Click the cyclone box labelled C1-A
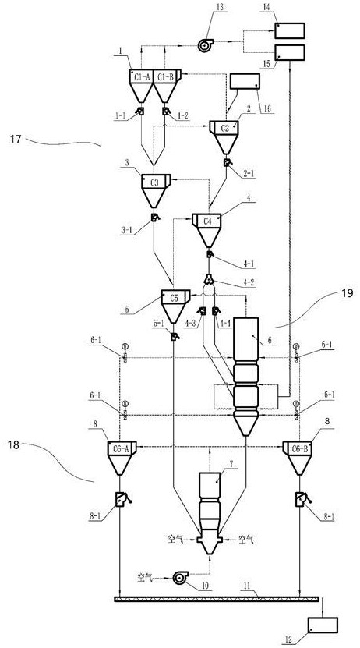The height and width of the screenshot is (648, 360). point(141,76)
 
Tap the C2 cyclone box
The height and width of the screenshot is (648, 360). point(224,128)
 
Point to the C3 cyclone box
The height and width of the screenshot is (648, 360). point(156,182)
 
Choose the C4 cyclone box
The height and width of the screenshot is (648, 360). point(206,221)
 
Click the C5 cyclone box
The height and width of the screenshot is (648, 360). point(175,297)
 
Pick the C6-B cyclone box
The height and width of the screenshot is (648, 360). point(297,448)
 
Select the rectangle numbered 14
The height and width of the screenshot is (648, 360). point(290,30)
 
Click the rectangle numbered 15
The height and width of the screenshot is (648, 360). point(290,52)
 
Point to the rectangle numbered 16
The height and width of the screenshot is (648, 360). point(245,81)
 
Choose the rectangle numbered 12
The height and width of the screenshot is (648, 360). point(323,625)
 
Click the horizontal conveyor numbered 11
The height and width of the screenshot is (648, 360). point(216,599)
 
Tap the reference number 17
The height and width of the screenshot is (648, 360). point(16,139)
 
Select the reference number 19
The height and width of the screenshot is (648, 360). point(348,294)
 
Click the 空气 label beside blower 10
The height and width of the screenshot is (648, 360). point(145,576)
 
